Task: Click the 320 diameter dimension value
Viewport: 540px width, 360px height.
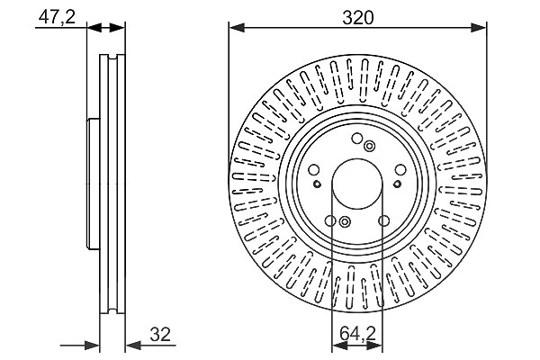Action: click(357, 18)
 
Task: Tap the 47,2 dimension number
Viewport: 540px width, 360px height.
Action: click(57, 17)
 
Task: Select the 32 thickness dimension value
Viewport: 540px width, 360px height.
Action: click(160, 334)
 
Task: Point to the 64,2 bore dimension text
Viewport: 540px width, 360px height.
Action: click(357, 333)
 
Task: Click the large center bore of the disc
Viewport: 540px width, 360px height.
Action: click(357, 184)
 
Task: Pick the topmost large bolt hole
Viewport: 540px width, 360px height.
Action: click(357, 139)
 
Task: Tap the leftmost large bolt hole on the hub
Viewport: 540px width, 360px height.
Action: click(314, 170)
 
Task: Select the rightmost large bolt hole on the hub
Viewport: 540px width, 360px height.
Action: click(400, 170)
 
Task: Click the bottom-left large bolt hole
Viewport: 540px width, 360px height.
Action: click(330, 220)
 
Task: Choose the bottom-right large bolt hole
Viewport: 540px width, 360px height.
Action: click(383, 220)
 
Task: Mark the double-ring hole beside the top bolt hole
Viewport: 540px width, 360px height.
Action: click(369, 146)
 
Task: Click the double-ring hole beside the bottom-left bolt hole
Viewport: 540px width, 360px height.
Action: click(345, 222)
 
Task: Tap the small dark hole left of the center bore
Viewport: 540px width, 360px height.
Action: click(317, 184)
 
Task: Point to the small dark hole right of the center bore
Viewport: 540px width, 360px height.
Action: click(398, 184)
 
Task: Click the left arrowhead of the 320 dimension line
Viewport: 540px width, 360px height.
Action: click(237, 28)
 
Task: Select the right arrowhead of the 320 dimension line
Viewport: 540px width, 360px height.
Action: click(479, 28)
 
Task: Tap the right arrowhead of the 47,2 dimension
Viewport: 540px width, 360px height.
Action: click(117, 28)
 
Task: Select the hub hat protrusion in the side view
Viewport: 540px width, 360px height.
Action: click(93, 184)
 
